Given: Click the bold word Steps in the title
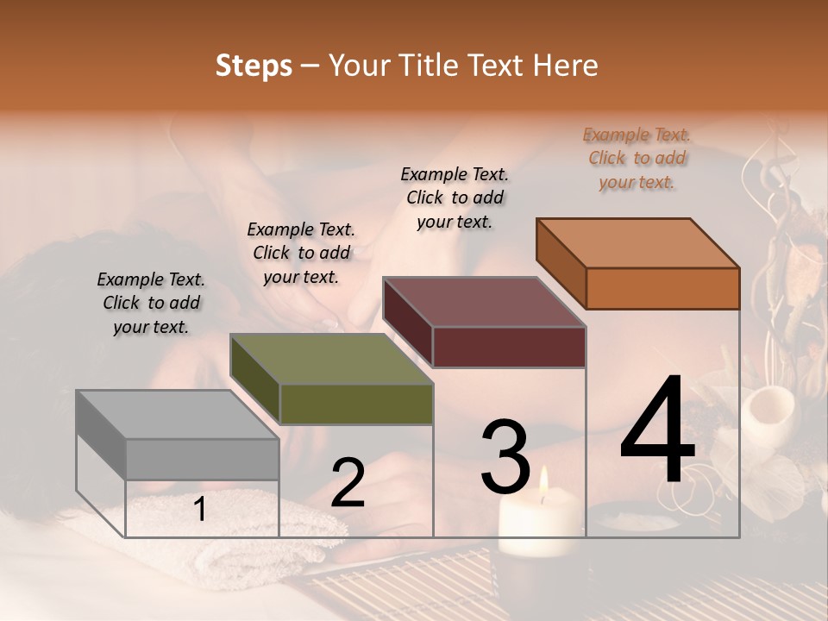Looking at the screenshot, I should (254, 66).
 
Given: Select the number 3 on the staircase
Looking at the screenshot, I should (505, 456).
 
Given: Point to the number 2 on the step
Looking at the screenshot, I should (348, 484).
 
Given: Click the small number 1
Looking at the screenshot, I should (199, 510).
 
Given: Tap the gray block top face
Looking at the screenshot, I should (178, 415).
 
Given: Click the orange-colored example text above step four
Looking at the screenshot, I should (637, 159).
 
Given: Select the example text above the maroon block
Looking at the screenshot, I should (455, 198).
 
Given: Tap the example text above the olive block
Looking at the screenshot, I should (301, 253).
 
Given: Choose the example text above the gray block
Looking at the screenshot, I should (151, 303).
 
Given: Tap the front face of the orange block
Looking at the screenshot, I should (662, 288).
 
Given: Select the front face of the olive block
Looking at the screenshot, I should (356, 404).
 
